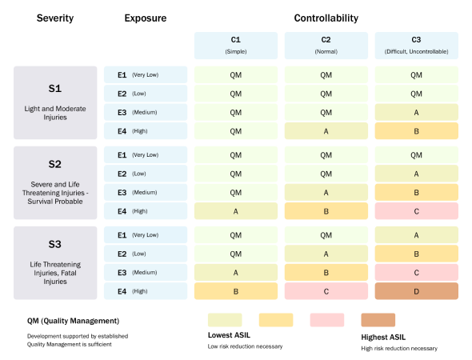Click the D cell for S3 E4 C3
point(416,291)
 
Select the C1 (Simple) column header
point(236,46)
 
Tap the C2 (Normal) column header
point(326,46)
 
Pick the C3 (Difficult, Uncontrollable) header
point(416,46)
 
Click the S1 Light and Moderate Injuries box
point(55,102)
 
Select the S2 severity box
point(55,182)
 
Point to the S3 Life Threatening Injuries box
point(55,262)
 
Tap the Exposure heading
point(146,18)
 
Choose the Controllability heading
point(326,18)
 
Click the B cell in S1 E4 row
point(416,131)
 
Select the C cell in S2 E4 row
point(416,211)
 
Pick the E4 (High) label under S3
point(146,291)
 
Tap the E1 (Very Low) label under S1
point(146,75)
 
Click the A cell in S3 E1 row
point(416,235)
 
